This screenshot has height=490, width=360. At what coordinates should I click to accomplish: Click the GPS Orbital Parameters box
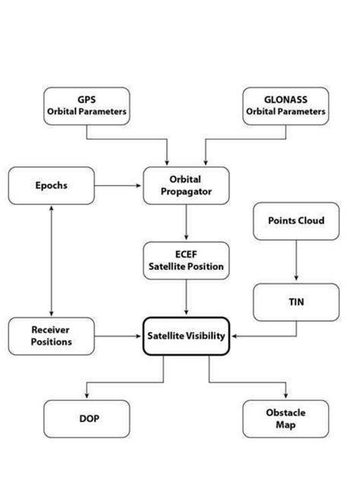[85, 106]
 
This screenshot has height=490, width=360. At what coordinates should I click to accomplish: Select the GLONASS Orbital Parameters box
[285, 106]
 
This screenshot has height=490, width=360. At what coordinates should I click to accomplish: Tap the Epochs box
[51, 186]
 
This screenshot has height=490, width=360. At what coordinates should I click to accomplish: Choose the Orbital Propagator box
[185, 186]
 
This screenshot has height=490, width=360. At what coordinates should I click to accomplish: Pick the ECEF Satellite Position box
[185, 261]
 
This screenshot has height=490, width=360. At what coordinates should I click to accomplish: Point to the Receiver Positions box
[51, 336]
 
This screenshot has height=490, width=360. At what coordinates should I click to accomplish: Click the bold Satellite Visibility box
[185, 336]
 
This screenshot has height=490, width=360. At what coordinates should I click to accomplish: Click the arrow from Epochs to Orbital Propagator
[118, 185]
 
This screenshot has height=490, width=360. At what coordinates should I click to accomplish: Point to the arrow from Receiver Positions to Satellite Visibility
[118, 334]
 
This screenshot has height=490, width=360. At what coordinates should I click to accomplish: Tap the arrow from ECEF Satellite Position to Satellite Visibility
[185, 297]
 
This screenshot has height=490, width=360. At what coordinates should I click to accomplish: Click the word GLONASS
[285, 100]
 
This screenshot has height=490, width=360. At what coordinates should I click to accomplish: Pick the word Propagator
[185, 192]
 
